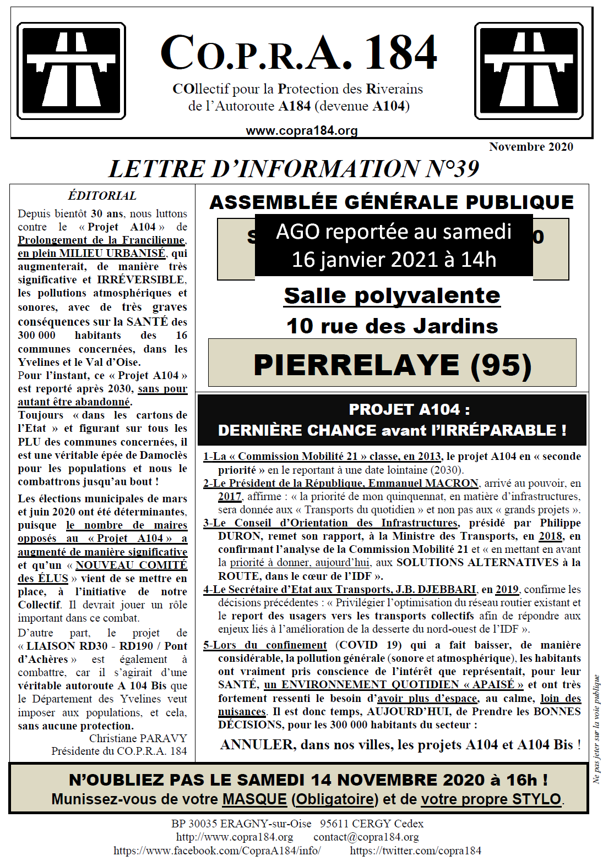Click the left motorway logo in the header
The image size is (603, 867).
(71, 71)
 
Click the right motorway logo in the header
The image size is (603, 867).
(529, 71)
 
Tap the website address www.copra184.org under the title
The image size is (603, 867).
(302, 131)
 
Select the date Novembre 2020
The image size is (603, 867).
(531, 147)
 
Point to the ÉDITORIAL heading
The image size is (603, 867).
(102, 196)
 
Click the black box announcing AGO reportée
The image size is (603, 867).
(394, 245)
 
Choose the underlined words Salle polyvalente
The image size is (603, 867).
(392, 296)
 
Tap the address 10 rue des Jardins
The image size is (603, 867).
(392, 326)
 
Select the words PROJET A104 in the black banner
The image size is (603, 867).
(404, 410)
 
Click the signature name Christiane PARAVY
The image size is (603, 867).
(138, 738)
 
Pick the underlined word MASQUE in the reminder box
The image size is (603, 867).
(254, 799)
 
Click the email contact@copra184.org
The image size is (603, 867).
(366, 837)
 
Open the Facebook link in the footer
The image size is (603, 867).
(217, 850)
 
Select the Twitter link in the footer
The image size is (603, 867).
(415, 850)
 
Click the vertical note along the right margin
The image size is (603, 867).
(596, 729)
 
